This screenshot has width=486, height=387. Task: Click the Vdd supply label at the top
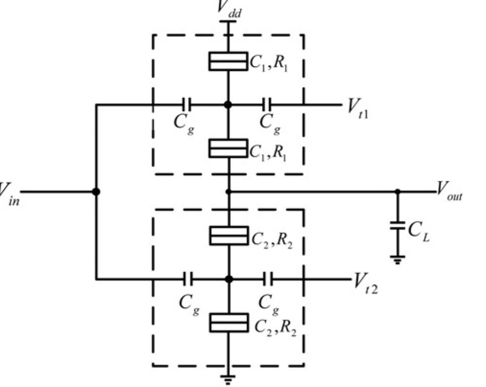click(x=229, y=9)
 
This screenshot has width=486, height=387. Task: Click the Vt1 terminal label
click(x=358, y=108)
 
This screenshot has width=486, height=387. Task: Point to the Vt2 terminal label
click(x=365, y=284)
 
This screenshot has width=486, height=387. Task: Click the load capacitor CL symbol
click(x=397, y=225)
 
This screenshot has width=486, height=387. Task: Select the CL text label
click(x=418, y=230)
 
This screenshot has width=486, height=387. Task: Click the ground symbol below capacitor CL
click(x=397, y=260)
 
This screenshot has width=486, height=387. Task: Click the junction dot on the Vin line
click(x=96, y=191)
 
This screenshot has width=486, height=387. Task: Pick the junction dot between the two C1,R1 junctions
click(x=228, y=104)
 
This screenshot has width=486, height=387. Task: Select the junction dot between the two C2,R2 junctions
click(x=229, y=279)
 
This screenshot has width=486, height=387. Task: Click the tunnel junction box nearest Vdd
click(x=228, y=61)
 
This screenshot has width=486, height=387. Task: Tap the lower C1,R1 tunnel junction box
click(x=228, y=148)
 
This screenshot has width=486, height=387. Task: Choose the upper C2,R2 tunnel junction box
click(x=229, y=235)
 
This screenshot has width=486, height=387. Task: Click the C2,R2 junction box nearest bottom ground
click(x=229, y=322)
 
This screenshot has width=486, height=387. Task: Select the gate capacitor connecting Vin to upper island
click(x=187, y=104)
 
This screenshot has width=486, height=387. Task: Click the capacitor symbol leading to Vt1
click(x=267, y=104)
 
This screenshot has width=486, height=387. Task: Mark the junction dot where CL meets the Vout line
click(x=397, y=191)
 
